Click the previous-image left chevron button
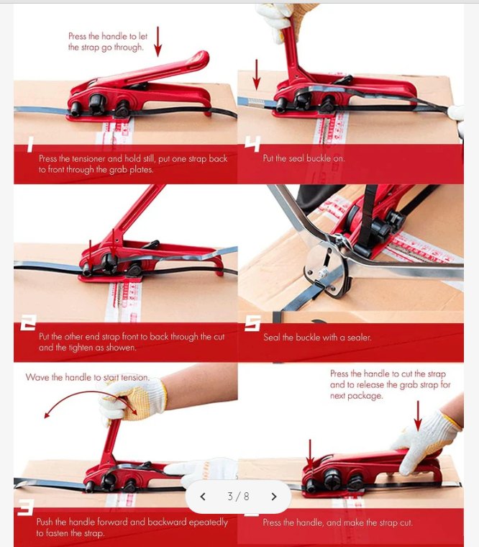(x=203, y=496)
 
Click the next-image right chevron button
(x=274, y=496)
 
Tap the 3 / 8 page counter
(x=239, y=496)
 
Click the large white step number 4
(x=252, y=144)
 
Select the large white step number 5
(x=252, y=323)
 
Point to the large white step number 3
(x=26, y=507)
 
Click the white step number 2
(x=28, y=322)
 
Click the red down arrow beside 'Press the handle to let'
(x=158, y=42)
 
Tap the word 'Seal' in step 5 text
(x=271, y=338)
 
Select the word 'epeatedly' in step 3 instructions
(x=208, y=523)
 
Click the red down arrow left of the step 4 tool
(x=256, y=75)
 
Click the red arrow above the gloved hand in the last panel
(x=418, y=416)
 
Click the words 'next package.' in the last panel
(x=356, y=396)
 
